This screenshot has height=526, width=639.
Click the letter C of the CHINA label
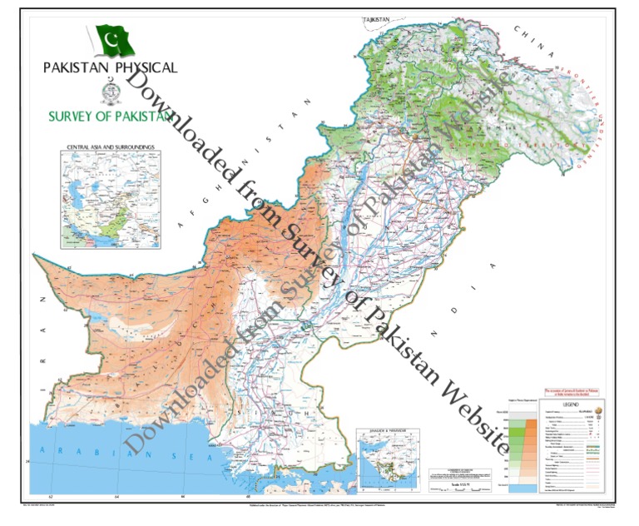pyautogui.click(x=516, y=29)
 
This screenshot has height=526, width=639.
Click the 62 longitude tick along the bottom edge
pyautogui.click(x=51, y=498)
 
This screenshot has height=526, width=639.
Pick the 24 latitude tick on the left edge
pyautogui.click(x=28, y=460)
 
